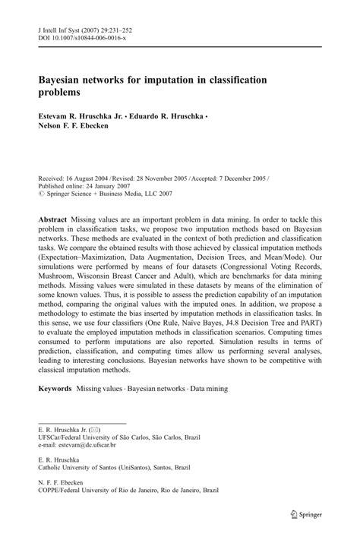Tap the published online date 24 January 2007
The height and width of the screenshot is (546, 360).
(x=109, y=183)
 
